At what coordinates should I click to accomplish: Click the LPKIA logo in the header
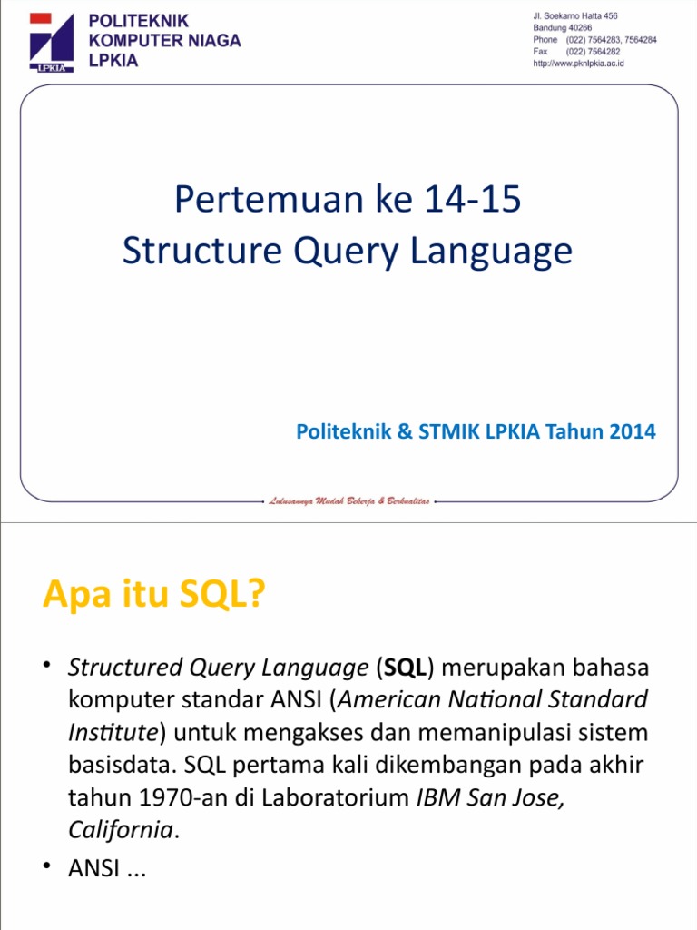(51, 42)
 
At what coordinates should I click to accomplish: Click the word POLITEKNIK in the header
(139, 21)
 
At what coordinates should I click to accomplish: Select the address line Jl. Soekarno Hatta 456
(575, 16)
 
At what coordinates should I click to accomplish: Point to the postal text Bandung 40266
(563, 28)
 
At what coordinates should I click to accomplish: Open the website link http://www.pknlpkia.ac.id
(578, 64)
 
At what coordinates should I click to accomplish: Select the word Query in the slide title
(321, 252)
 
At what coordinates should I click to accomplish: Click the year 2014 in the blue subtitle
(632, 432)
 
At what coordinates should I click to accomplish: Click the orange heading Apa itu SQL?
(153, 596)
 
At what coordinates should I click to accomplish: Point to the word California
(121, 830)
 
